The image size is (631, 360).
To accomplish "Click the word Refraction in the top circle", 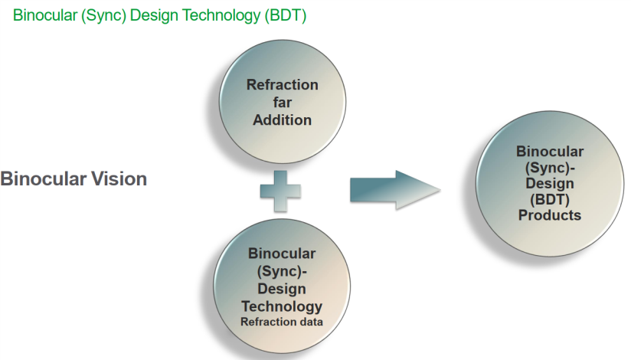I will [283, 85].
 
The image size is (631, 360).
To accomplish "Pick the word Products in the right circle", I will [550, 215].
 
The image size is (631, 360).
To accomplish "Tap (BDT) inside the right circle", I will [550, 199].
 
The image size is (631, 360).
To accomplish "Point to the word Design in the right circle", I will [550, 183].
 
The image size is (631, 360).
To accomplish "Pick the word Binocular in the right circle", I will [550, 151].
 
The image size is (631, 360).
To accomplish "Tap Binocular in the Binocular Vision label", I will [37, 179].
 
